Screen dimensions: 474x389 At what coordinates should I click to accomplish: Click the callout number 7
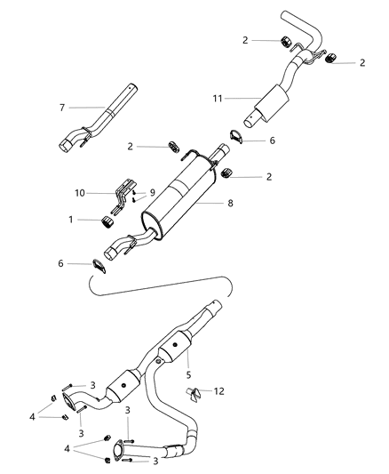pos(63,108)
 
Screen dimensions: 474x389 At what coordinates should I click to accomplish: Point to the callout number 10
pos(80,192)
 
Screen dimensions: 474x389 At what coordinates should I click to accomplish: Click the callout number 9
pos(152,192)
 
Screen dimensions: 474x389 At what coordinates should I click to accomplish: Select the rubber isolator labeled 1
pos(113,221)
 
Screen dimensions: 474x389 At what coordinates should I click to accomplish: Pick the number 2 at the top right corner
pos(362,62)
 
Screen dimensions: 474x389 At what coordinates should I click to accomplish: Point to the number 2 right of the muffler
pos(268,177)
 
